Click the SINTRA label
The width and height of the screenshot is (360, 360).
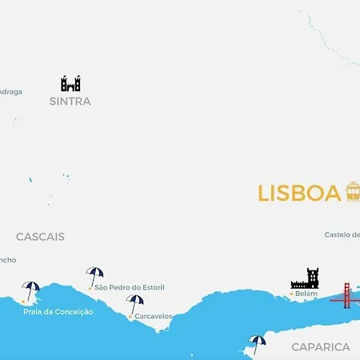tap(70, 102)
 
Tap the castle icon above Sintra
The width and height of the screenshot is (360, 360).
tap(70, 83)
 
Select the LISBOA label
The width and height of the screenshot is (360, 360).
tap(299, 194)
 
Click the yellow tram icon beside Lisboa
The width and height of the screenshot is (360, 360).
tap(352, 192)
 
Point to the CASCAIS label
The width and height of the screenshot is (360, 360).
tap(40, 237)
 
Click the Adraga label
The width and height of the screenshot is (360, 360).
tap(10, 91)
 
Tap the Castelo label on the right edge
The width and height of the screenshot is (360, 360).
tap(342, 234)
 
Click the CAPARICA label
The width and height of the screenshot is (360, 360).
tap(321, 346)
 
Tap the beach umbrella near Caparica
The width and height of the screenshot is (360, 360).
tap(257, 343)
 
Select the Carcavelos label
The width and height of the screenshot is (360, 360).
tap(154, 316)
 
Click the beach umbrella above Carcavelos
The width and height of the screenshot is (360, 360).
tap(135, 303)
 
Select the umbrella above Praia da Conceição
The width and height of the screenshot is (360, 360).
tap(31, 290)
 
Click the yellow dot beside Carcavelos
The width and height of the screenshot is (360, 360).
tap(130, 316)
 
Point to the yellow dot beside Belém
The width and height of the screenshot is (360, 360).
tap(291, 294)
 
